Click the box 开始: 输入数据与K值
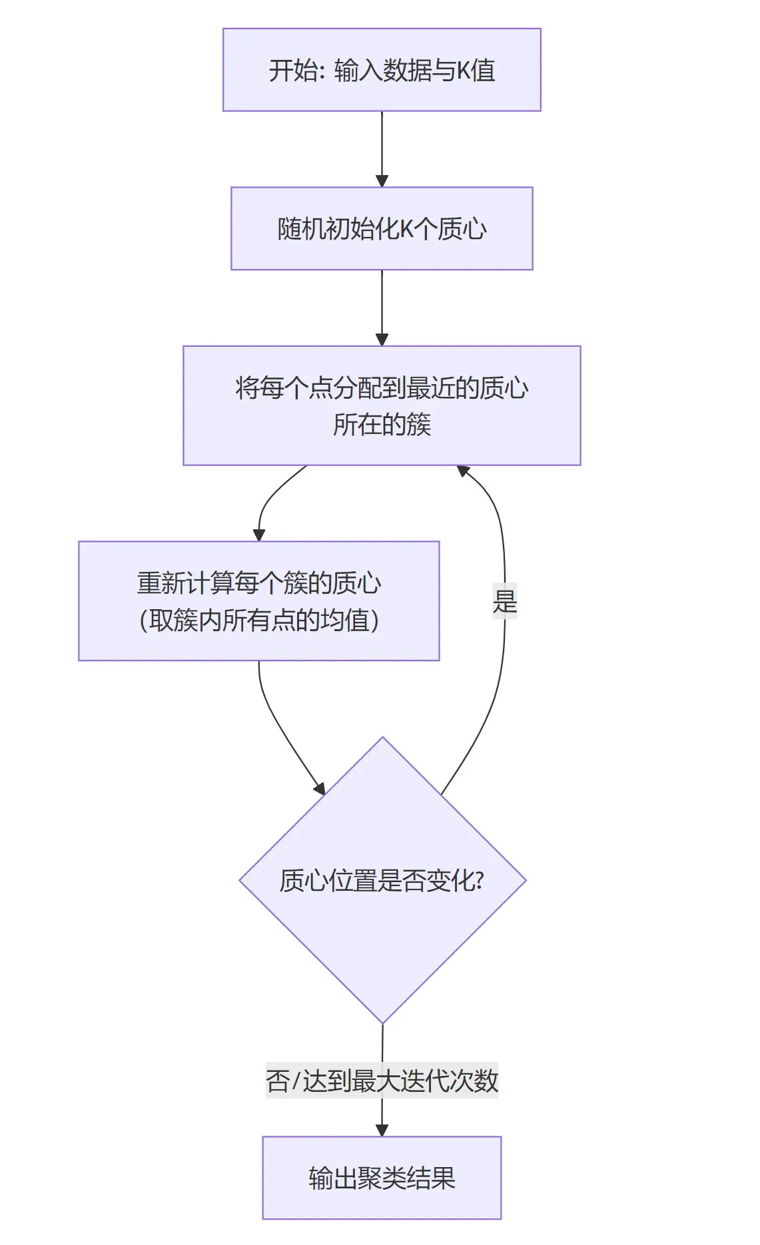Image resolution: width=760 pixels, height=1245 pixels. click(x=382, y=70)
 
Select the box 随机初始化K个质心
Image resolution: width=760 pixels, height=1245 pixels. click(x=382, y=228)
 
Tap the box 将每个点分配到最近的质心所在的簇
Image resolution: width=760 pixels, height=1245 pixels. click(x=382, y=405)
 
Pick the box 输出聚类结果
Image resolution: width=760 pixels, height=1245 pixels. click(x=382, y=1178)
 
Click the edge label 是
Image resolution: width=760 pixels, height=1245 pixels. click(x=505, y=601)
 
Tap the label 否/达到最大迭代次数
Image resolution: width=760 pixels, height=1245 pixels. click(x=382, y=1080)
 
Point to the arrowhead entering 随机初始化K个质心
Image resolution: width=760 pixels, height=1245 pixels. click(x=382, y=181)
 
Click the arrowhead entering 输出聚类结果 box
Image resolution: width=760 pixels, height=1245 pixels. click(x=382, y=1130)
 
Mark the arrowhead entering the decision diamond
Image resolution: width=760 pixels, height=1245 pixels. click(x=320, y=788)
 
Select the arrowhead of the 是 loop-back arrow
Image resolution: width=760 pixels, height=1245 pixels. click(x=463, y=471)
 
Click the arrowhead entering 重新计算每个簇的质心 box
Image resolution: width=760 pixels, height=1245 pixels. click(x=259, y=535)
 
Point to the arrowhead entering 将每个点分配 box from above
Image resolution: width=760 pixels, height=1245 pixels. click(x=382, y=340)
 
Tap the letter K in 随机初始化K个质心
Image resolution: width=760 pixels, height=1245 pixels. click(x=406, y=229)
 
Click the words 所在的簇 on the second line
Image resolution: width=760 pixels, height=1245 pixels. click(x=382, y=425)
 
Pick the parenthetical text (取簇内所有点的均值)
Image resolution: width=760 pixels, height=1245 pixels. click(x=258, y=621)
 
